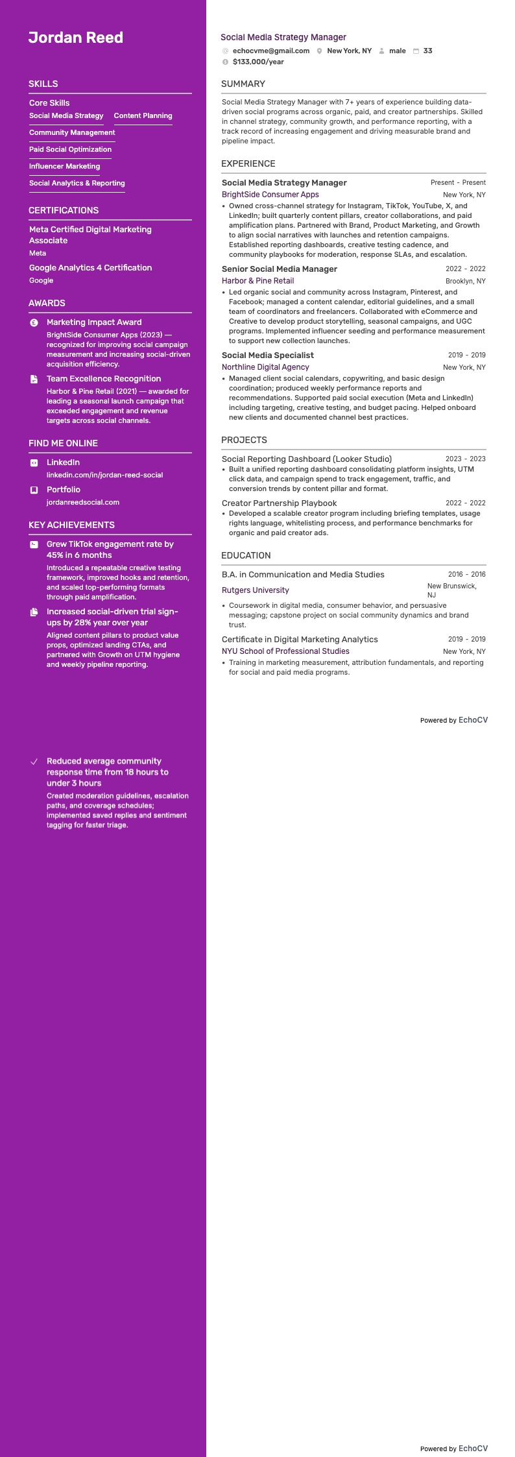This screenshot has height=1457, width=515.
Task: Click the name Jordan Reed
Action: coord(76,38)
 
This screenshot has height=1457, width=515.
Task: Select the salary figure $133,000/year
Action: coord(258,62)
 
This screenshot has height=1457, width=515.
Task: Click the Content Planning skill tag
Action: coord(143,115)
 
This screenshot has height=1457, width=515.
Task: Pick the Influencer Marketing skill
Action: coord(64,166)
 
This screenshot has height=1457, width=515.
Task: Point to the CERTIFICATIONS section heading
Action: coord(64,210)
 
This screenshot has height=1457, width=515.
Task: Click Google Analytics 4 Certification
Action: coord(90,267)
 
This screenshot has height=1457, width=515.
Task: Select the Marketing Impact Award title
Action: coord(94,322)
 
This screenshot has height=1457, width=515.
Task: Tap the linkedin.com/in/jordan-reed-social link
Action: coord(104,475)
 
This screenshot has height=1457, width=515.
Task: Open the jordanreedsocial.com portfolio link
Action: coord(83,502)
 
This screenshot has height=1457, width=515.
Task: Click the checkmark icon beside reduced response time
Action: coord(34,762)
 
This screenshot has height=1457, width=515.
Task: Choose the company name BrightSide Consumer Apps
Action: coord(270,195)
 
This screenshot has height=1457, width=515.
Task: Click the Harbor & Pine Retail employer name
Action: coord(257,281)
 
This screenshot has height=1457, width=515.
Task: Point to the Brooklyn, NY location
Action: coord(465,281)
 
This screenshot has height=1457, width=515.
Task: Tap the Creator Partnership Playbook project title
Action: coord(279,503)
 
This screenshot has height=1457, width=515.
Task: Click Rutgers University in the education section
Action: coord(255,590)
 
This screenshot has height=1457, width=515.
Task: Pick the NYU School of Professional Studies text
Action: coord(285,651)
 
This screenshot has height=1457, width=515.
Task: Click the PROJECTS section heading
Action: coord(244,440)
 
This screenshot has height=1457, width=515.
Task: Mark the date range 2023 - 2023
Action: coord(465,459)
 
